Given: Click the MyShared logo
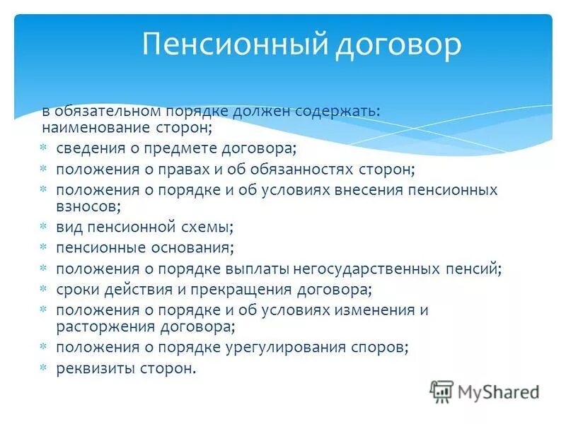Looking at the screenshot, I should tap(485, 391).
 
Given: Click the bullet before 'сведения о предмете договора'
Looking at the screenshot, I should tap(43, 149).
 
